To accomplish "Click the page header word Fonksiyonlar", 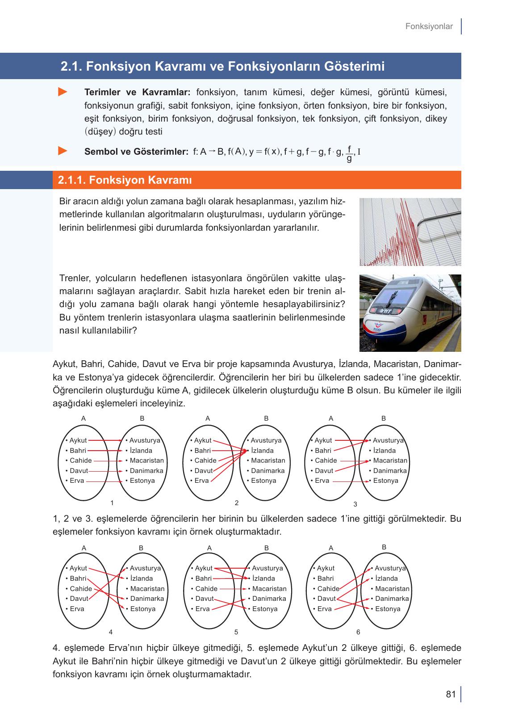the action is coord(429,26).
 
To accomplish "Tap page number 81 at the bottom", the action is coord(451,694).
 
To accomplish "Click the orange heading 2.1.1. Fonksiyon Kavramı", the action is coord(125,180).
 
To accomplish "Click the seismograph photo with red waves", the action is coord(410,232).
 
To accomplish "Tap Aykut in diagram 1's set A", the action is coord(78,440).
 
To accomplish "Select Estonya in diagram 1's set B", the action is coord(142,481).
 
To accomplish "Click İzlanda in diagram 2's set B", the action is coord(262,451).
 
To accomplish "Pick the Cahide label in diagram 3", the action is coord(326,460).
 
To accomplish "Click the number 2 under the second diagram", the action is coord(237,503).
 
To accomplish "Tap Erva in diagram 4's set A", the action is coord(77,609).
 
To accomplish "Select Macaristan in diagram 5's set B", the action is coord(269,589).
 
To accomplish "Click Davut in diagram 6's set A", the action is coord(326,599).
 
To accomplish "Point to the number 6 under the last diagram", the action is coord(358,632).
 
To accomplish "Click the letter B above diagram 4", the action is coord(141,548).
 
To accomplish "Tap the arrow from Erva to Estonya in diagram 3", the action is coord(350,481).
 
